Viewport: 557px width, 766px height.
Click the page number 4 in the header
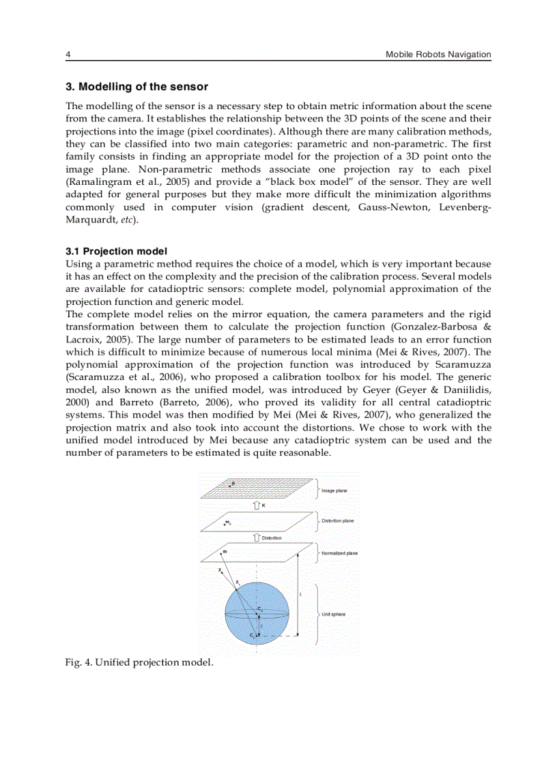pyautogui.click(x=68, y=55)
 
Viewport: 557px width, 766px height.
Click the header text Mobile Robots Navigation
pyautogui.click(x=438, y=55)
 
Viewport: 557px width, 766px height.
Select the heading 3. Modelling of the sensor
pyautogui.click(x=137, y=87)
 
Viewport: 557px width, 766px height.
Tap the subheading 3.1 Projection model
pyautogui.click(x=116, y=251)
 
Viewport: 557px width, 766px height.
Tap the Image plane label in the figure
pyautogui.click(x=334, y=490)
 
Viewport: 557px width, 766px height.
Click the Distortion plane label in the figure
pyautogui.click(x=337, y=521)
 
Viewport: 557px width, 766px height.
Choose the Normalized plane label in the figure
pyautogui.click(x=339, y=553)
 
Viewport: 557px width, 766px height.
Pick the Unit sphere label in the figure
pyautogui.click(x=333, y=614)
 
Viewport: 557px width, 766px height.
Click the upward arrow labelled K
pyautogui.click(x=257, y=505)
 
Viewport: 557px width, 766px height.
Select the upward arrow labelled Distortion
pyautogui.click(x=257, y=537)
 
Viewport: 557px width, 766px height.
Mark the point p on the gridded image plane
pyautogui.click(x=230, y=485)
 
